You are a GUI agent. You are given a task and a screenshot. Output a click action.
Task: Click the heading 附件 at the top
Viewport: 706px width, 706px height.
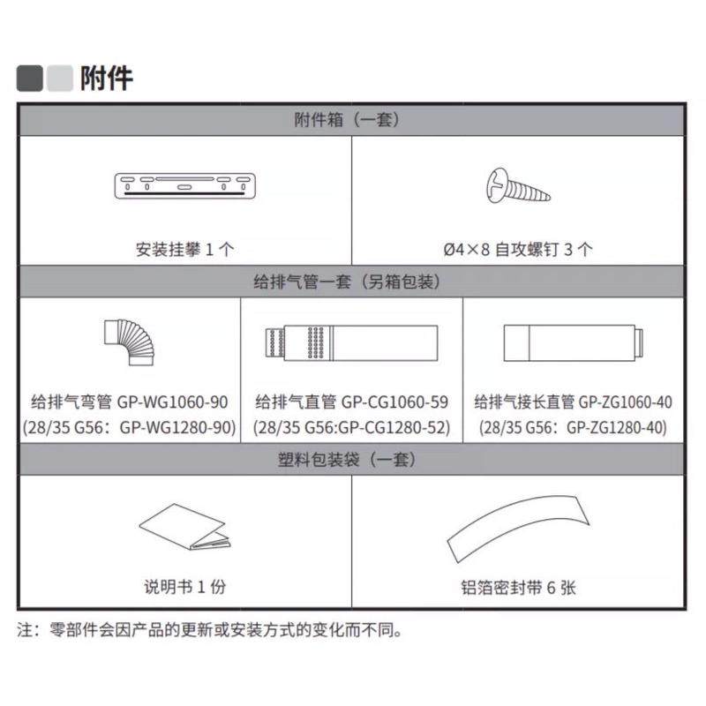click(x=106, y=78)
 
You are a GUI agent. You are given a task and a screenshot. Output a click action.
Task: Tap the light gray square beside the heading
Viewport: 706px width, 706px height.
click(x=59, y=79)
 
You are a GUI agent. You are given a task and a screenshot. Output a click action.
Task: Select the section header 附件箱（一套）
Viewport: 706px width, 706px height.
click(x=352, y=120)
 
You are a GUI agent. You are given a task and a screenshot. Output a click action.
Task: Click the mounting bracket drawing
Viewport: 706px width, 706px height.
click(x=184, y=185)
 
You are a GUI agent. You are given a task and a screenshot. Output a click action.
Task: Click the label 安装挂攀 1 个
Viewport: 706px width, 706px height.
click(x=184, y=250)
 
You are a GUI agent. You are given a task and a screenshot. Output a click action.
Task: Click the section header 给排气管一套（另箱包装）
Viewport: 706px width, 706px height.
click(x=352, y=282)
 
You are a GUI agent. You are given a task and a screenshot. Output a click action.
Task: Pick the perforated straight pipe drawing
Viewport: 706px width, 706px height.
click(x=350, y=342)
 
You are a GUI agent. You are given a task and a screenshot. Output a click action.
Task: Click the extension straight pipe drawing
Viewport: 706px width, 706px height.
click(x=575, y=342)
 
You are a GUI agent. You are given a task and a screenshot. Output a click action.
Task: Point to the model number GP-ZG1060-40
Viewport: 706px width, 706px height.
click(x=625, y=402)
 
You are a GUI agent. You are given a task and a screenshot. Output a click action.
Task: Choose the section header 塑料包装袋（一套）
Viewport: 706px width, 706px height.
click(x=352, y=460)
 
